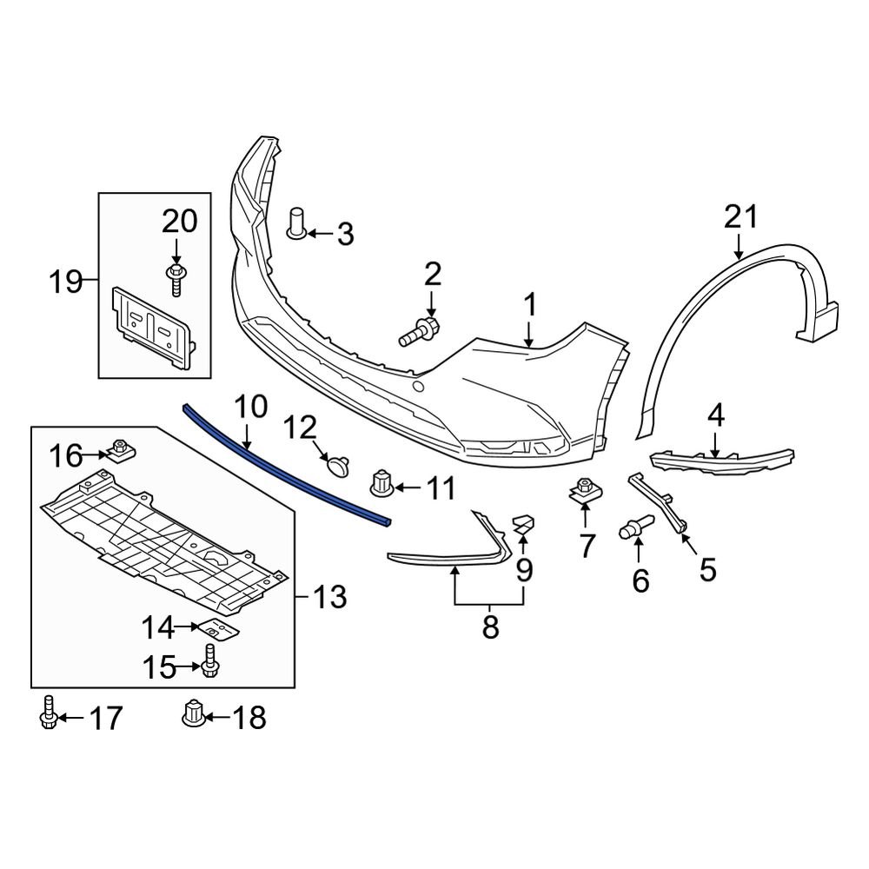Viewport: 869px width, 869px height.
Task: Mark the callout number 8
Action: (490, 627)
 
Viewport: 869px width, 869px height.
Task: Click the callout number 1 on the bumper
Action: (528, 306)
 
